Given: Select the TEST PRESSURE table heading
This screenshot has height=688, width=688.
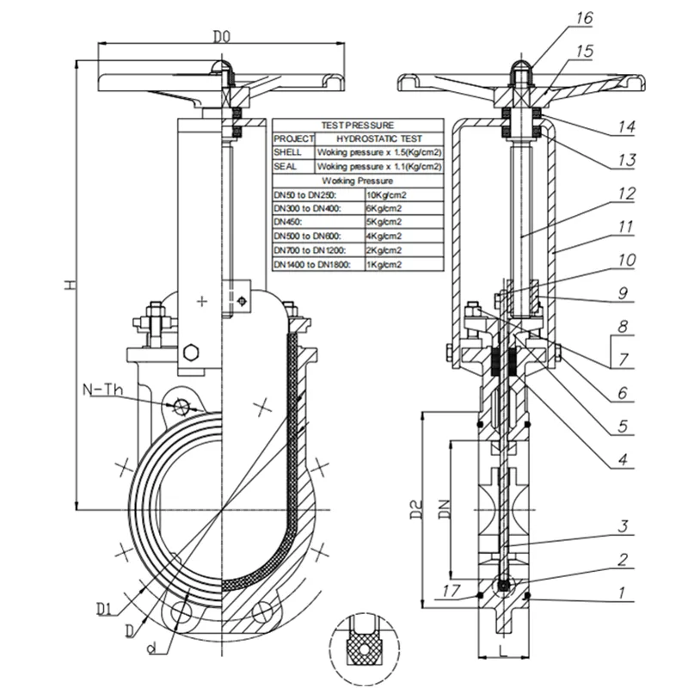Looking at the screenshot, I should (357, 126).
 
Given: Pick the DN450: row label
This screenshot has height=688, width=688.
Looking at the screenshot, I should (288, 222).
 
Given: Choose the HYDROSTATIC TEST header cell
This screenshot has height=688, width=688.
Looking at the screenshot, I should (378, 138).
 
